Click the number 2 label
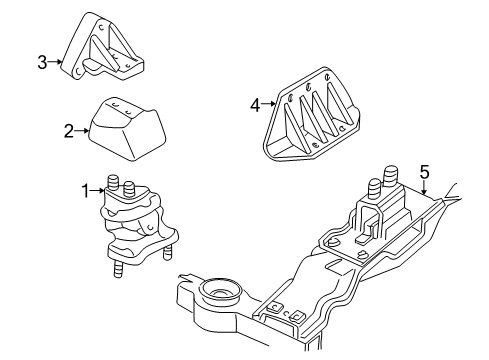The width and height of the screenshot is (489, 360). tap(69, 129)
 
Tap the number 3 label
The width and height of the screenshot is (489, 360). tap(43, 62)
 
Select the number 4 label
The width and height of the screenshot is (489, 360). tap(255, 103)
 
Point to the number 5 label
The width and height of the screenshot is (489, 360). tap(424, 173)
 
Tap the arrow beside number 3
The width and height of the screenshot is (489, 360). tap(56, 62)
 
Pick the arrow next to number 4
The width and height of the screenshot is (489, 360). tap(267, 103)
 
